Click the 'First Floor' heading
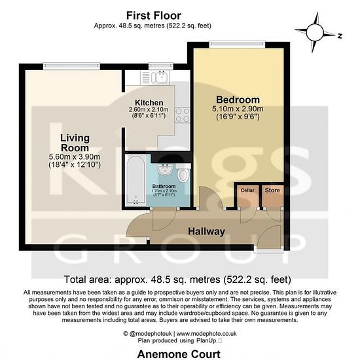point(154,16)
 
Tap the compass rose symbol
point(315,33)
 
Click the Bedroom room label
point(238,100)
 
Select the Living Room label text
point(75,143)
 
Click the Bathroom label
point(164,186)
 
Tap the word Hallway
point(206,232)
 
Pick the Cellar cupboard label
point(247,190)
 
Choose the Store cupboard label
point(272,190)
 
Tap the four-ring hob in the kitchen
point(183,115)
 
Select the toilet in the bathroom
point(183,173)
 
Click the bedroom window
point(237,45)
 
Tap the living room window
point(71,66)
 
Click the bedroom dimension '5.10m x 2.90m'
point(238,109)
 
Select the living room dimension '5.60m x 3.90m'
point(75,157)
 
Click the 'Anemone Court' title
point(179,354)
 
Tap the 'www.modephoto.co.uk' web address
point(206,334)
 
